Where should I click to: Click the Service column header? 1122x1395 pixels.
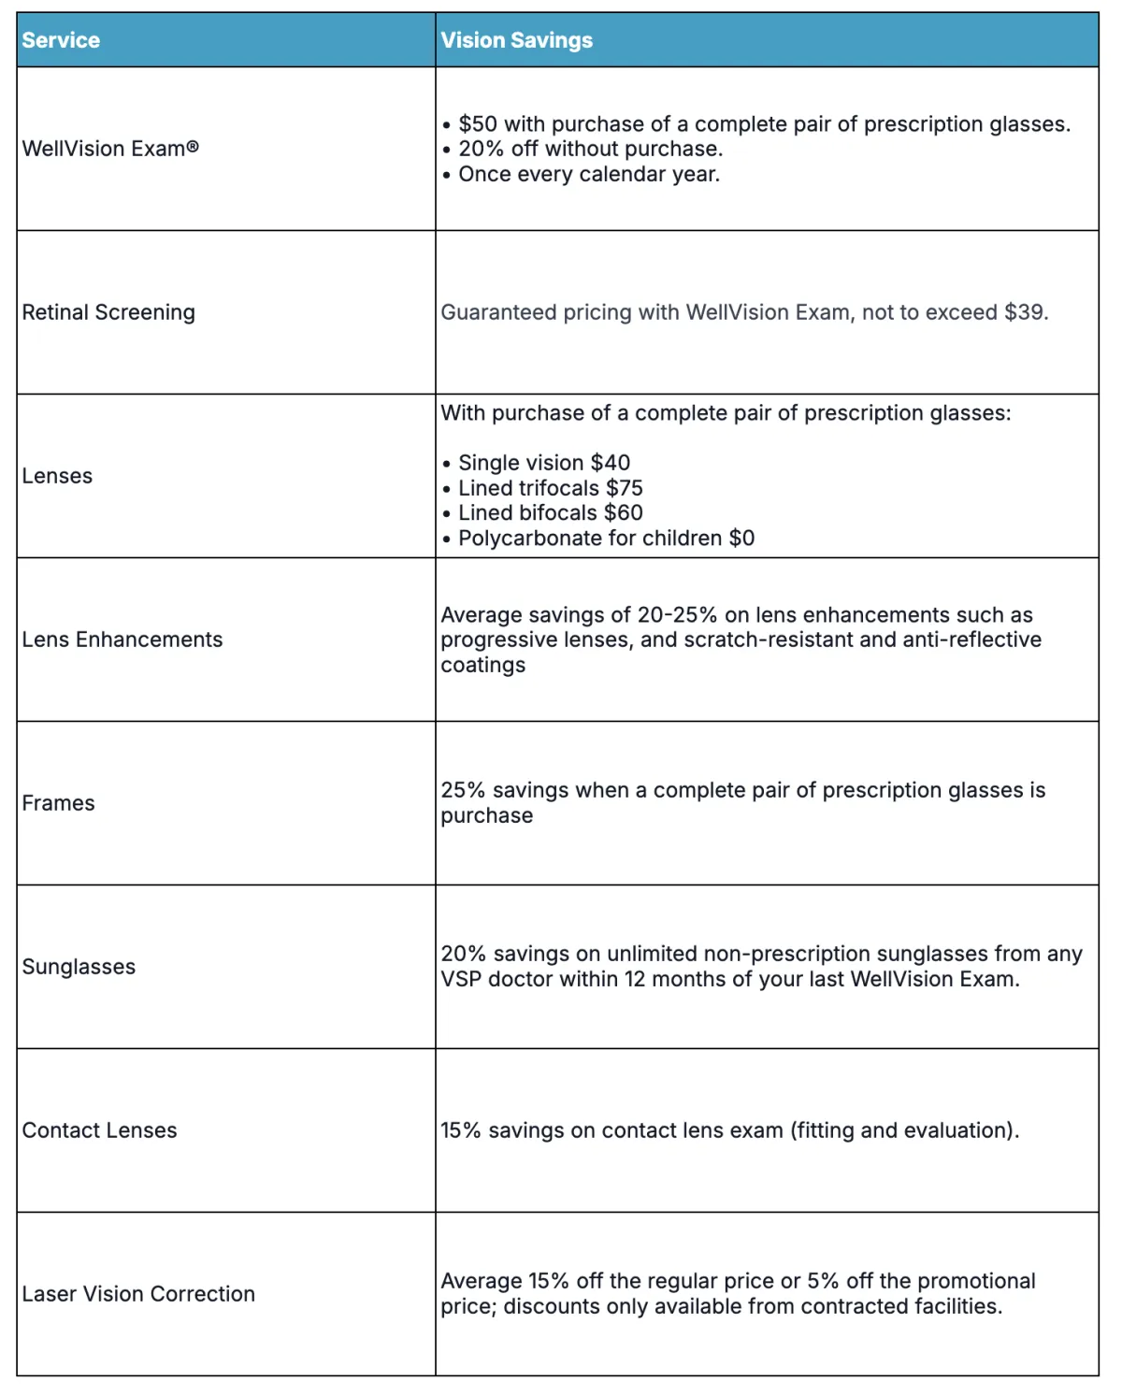tap(61, 40)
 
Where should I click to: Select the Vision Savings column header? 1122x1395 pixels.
tap(516, 40)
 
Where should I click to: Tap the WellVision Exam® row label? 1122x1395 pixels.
tap(110, 149)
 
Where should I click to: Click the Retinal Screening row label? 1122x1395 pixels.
tap(108, 312)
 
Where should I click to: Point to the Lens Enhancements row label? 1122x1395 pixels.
tap(122, 640)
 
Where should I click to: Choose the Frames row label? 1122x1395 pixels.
tap(58, 803)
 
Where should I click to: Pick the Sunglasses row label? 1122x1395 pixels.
tap(79, 967)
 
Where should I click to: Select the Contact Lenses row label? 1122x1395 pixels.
tap(99, 1130)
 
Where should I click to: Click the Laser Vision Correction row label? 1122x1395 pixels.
tap(138, 1294)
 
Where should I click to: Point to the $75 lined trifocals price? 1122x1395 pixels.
tap(624, 488)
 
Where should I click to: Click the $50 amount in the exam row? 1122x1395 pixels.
tap(478, 124)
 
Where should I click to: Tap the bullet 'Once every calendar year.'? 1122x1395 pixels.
tap(589, 175)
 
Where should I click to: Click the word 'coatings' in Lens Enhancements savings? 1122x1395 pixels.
tap(482, 665)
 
